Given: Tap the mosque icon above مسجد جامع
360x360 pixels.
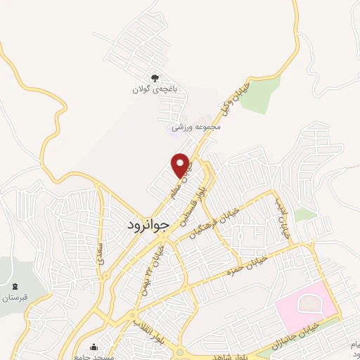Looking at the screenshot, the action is point(95,346).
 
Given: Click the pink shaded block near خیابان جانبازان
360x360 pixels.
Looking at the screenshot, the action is point(304,307).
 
